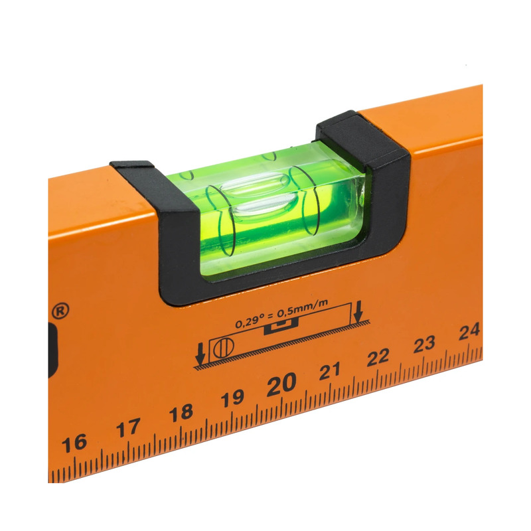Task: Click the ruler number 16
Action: [74, 443]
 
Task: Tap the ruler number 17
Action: [128, 427]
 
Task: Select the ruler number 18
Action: [181, 412]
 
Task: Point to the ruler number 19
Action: [232, 398]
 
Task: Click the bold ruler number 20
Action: [281, 384]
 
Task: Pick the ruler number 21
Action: [329, 371]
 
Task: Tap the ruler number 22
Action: [378, 357]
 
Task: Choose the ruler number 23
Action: [424, 344]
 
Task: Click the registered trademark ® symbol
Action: [60, 311]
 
